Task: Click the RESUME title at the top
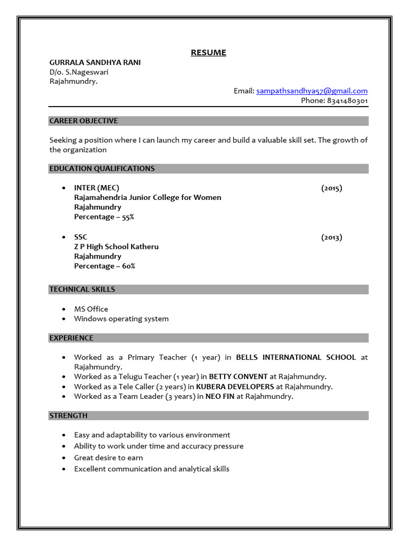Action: coord(209,52)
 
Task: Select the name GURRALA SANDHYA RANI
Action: coord(95,62)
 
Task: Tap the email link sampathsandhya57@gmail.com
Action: coord(312,91)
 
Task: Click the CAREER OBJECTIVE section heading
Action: coord(84,121)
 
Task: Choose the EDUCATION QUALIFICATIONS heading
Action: coord(102,168)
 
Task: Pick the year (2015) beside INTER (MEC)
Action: coord(331,188)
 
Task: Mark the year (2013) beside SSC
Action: coord(331,237)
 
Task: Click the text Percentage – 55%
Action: coord(104,217)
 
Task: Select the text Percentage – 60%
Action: coord(104,266)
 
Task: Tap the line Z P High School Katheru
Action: coord(116,247)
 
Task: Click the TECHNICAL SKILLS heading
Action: coord(82,290)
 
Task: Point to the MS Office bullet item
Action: coord(91,309)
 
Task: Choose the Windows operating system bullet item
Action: coord(121,319)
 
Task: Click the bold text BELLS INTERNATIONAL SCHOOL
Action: coord(296,357)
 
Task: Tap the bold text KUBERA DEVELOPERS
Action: coord(235,387)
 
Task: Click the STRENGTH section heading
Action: coord(68,416)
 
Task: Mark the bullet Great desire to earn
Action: coord(109,458)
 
